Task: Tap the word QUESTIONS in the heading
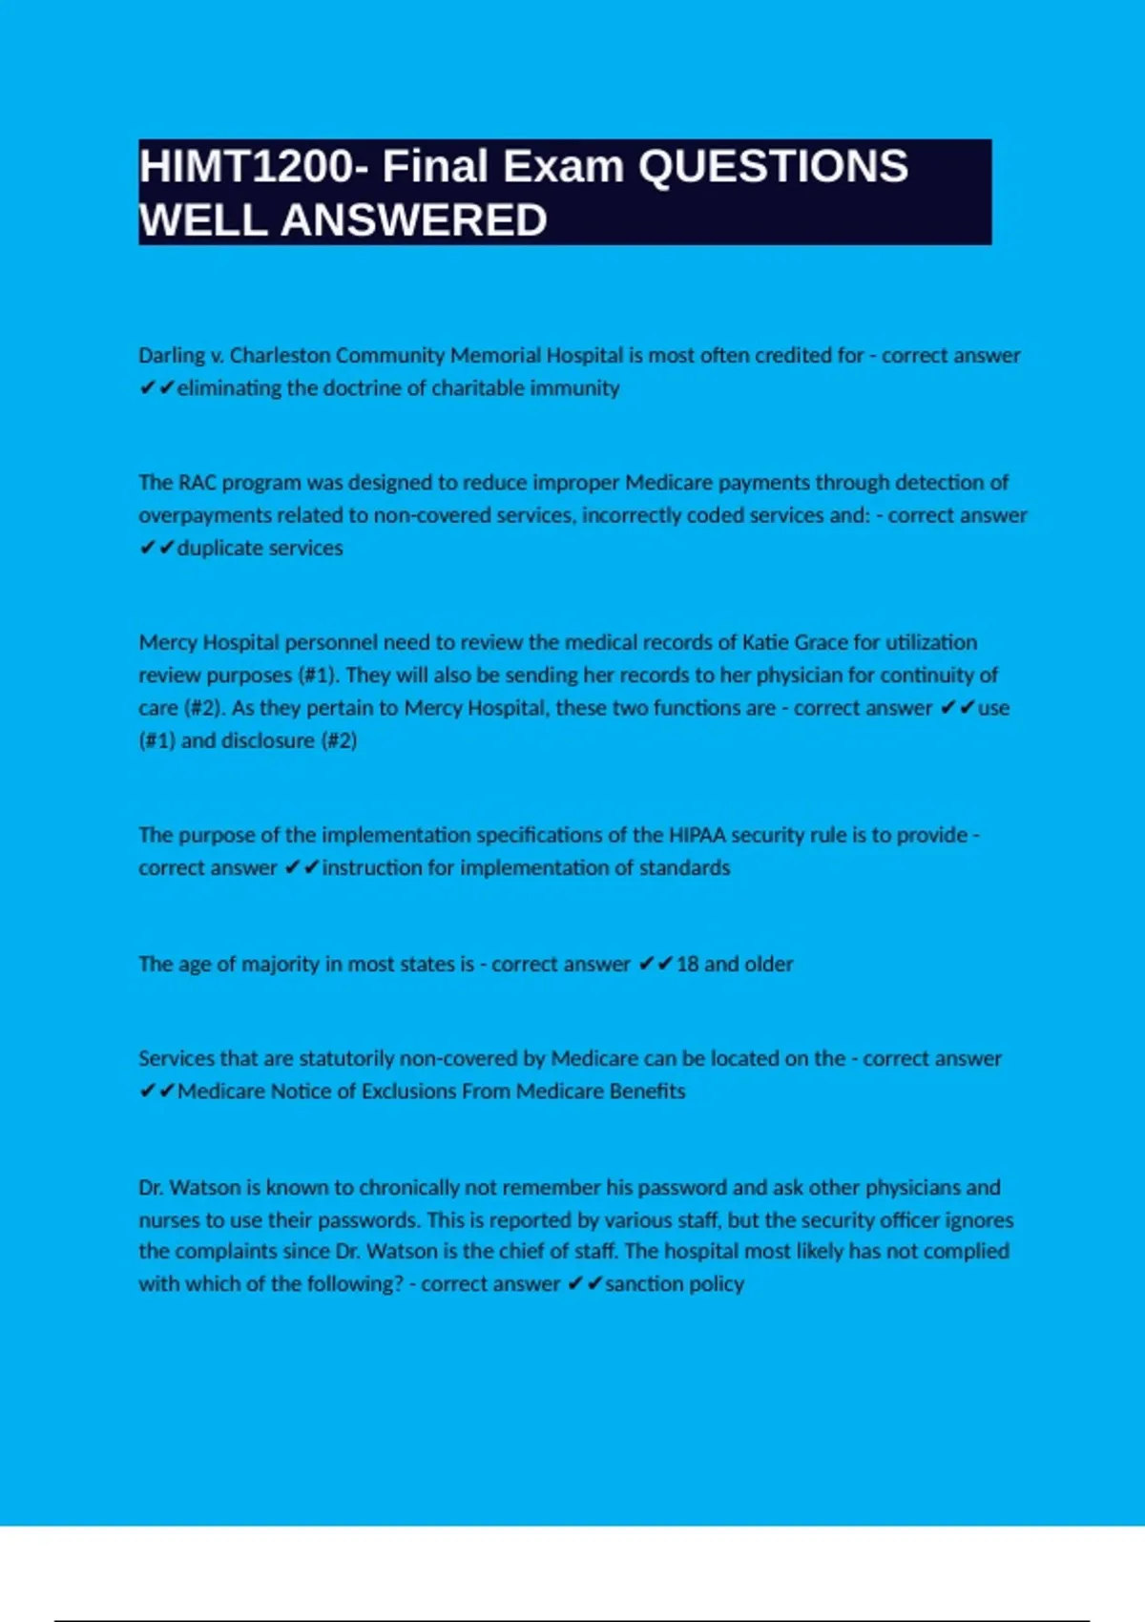click(773, 167)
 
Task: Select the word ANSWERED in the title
click(413, 220)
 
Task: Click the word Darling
click(172, 356)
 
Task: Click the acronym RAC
click(198, 483)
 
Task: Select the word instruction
click(377, 867)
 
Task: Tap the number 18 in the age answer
click(687, 964)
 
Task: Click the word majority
click(281, 964)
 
